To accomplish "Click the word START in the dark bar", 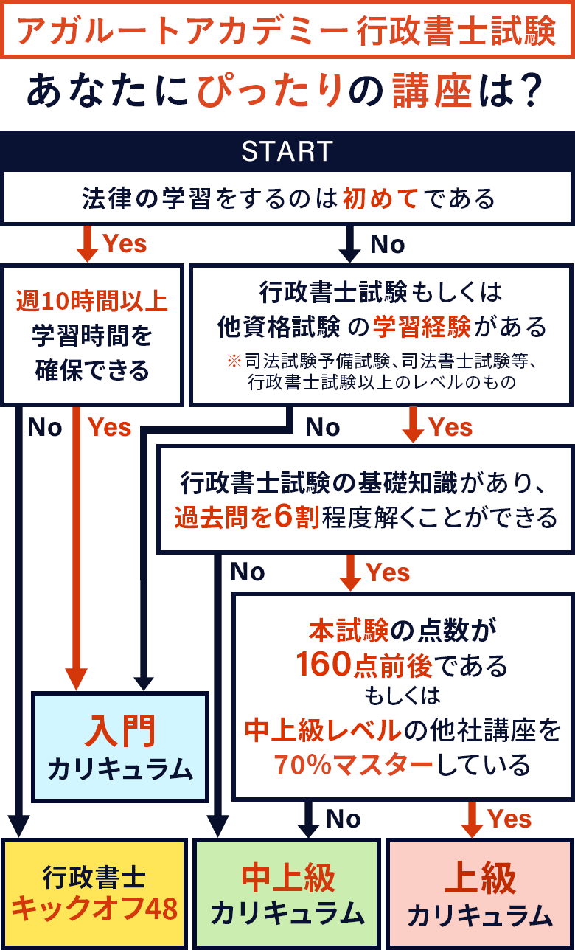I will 287,151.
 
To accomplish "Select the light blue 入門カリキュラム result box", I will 120,746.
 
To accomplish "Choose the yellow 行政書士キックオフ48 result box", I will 94,893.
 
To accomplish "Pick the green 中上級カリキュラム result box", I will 287,893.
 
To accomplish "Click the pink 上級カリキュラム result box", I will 480,893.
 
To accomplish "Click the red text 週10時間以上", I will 92,301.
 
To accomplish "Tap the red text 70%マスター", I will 353,765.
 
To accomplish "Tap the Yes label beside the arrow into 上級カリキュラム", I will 509,819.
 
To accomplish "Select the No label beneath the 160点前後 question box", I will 343,819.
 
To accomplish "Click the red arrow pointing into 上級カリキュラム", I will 471,819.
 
